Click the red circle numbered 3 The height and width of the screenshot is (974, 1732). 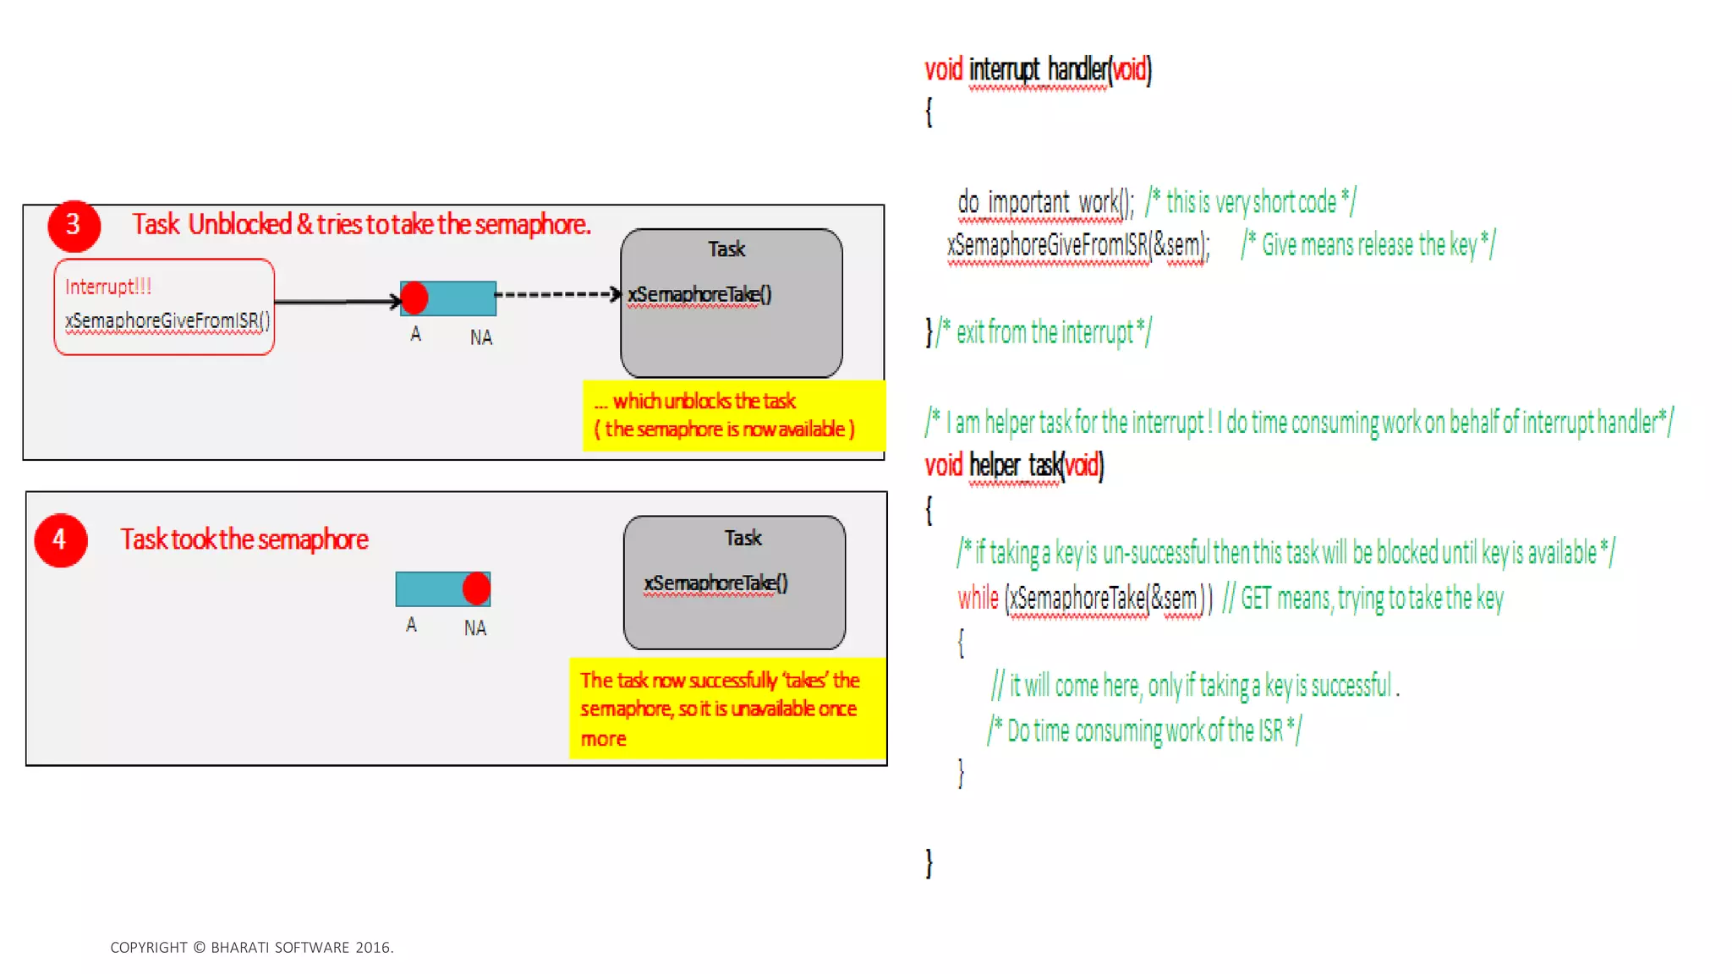pos(74,225)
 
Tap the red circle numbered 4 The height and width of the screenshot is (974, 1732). pos(60,539)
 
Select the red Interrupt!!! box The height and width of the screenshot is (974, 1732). pos(164,306)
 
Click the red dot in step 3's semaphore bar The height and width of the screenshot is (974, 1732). pos(414,298)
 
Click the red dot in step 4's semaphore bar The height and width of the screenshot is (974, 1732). pos(476,588)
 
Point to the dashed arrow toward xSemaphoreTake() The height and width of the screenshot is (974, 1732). pos(558,294)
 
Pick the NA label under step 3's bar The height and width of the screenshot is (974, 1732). pos(481,337)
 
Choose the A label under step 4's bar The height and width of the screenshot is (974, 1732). pos(411,625)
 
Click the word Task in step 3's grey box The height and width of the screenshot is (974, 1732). pos(726,249)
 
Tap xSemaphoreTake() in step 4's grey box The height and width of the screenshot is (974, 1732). pos(715,583)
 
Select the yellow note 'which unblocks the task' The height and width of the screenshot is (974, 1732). pos(732,415)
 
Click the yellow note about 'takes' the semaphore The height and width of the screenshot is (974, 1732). pos(726,709)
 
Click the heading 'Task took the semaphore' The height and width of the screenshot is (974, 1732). pos(244,539)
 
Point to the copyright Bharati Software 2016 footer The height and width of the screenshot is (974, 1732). pos(252,948)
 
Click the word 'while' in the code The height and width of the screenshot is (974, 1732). pos(978,599)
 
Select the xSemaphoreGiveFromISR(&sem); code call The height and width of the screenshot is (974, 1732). pos(1078,245)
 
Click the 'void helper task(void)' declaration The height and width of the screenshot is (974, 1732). pos(1014,466)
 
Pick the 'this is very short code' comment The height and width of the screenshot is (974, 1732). pos(1251,202)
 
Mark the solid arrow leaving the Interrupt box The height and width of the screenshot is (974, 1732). pos(337,301)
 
